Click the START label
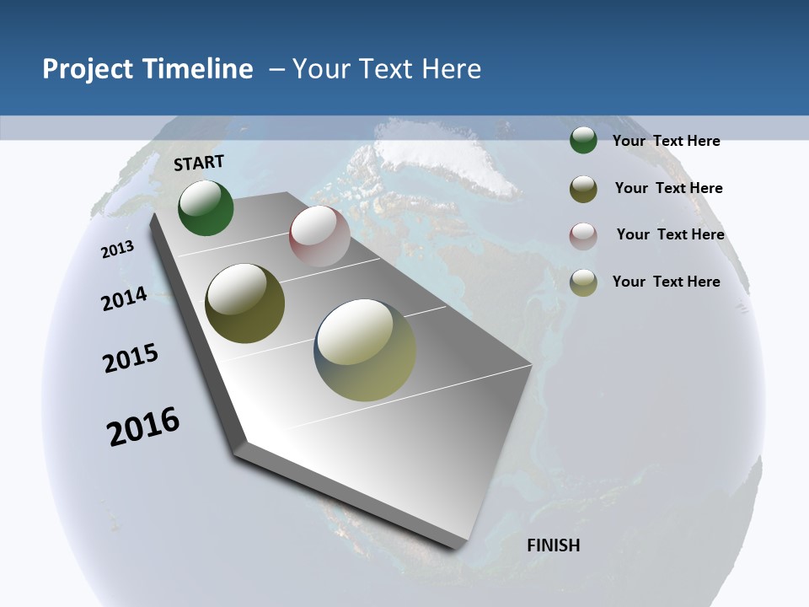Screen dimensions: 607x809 pos(199,163)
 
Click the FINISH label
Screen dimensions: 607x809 pos(553,545)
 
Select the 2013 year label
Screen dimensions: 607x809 pos(118,249)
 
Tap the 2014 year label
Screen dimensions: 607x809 pos(124,299)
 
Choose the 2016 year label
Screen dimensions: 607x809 pos(143,427)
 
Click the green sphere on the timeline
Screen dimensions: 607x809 pos(206,208)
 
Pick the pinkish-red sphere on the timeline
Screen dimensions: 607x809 pos(319,236)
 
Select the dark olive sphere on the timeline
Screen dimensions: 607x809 pos(244,303)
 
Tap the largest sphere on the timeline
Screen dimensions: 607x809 pos(365,349)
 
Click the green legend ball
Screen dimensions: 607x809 pos(583,140)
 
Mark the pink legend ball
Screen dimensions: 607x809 pos(583,236)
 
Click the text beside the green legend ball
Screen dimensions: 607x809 pos(666,141)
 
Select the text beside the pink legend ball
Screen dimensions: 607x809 pos(670,234)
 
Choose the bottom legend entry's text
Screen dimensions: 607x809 pos(666,282)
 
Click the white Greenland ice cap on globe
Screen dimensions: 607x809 pos(447,156)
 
